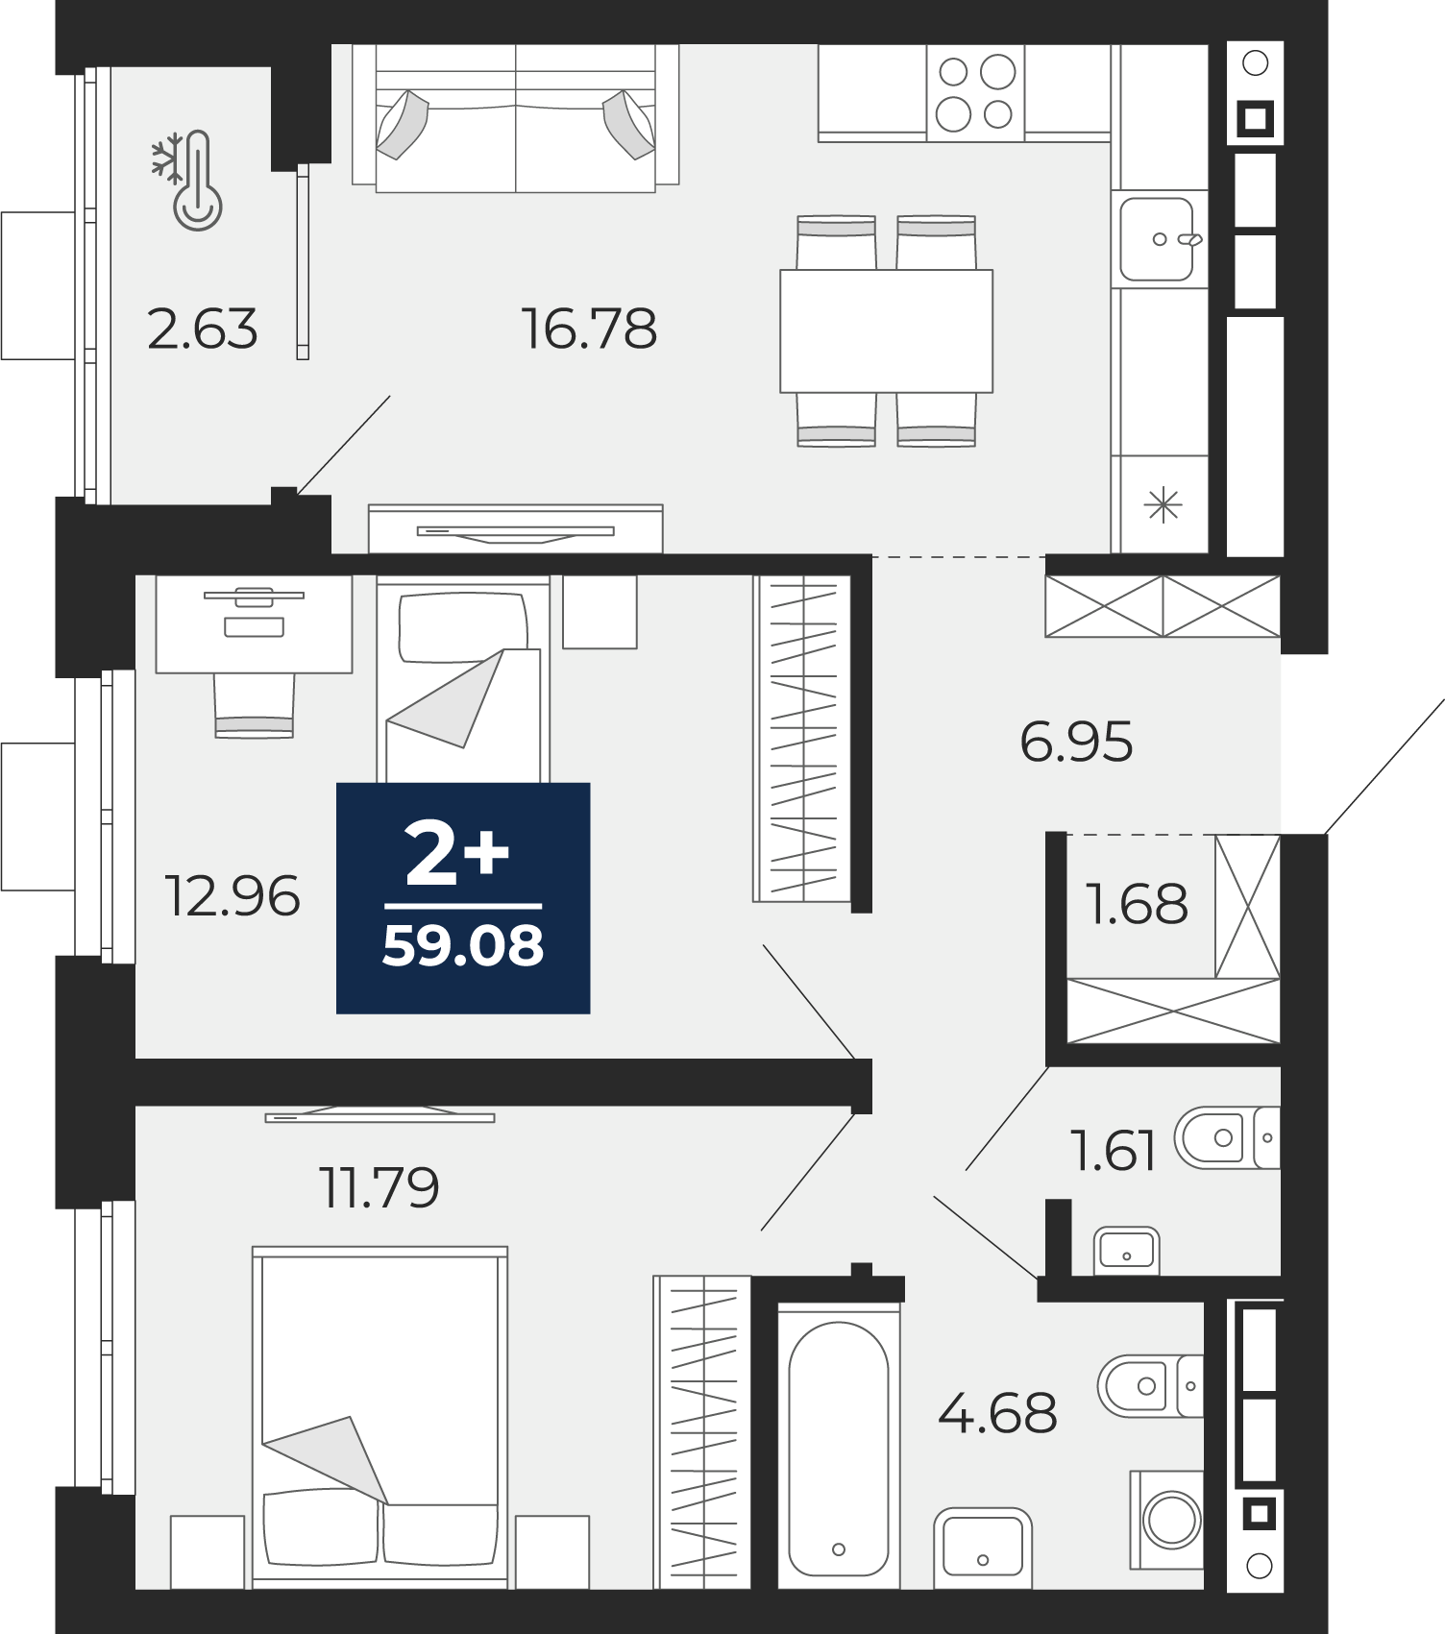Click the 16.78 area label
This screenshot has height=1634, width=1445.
point(589,329)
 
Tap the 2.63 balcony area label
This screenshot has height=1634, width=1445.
point(203,329)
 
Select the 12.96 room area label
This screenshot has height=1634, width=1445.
point(233,895)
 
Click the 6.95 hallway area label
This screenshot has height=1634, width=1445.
point(1077,742)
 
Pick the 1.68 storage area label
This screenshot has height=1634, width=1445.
point(1137,903)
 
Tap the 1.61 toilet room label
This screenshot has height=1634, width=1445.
point(1114,1150)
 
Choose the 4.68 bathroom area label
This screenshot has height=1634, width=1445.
point(997,1412)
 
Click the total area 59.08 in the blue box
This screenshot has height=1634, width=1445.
point(463,946)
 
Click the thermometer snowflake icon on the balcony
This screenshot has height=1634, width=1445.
point(186,180)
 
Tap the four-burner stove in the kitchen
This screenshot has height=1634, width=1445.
point(976,93)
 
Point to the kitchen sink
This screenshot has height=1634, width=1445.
point(1158,238)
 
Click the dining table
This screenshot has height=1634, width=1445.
point(886,330)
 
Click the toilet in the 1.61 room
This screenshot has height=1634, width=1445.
point(1227,1137)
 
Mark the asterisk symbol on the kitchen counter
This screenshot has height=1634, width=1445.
point(1163,505)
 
